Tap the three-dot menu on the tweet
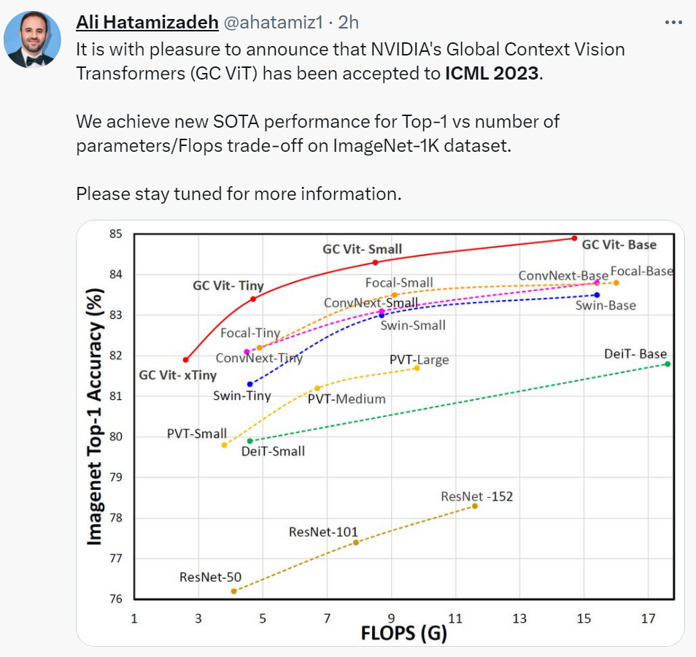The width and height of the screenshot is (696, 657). [673, 22]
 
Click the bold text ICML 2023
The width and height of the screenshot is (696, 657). [493, 74]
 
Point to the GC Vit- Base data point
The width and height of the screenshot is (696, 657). [575, 238]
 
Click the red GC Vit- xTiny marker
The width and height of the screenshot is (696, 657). [186, 360]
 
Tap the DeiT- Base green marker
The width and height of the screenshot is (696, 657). [668, 364]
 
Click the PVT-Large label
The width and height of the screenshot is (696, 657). [419, 360]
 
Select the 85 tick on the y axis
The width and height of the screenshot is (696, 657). [115, 234]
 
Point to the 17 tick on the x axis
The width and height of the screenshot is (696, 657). [647, 620]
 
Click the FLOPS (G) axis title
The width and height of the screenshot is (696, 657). [403, 633]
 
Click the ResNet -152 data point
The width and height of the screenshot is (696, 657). [475, 506]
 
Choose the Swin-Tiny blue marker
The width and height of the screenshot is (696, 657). [250, 384]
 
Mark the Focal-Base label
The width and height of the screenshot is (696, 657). [642, 271]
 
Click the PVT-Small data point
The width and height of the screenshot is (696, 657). [225, 445]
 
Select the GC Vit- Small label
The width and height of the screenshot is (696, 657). [363, 249]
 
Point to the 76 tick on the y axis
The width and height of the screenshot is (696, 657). [115, 599]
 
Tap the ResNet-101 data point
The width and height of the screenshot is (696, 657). [356, 542]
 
